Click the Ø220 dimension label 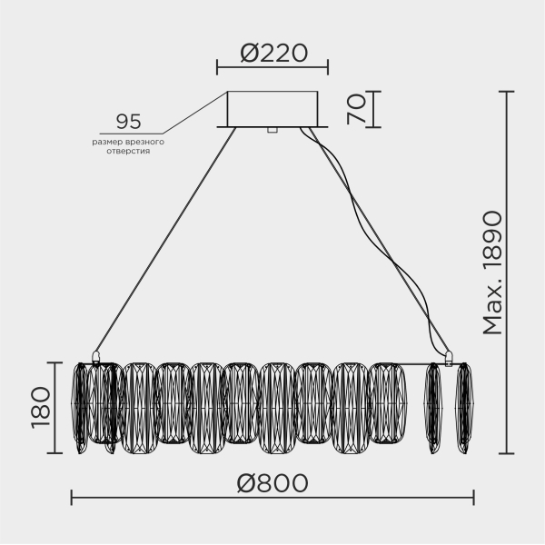(x=272, y=53)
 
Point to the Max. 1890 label (x=492, y=272)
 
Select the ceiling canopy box (x=272, y=108)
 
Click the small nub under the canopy (x=272, y=130)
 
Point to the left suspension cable (x=163, y=241)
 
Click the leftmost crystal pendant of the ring (x=81, y=405)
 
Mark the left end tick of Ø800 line (x=72, y=497)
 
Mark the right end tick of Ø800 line (x=473, y=497)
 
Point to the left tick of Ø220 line (x=217, y=66)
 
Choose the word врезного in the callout (x=145, y=142)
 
